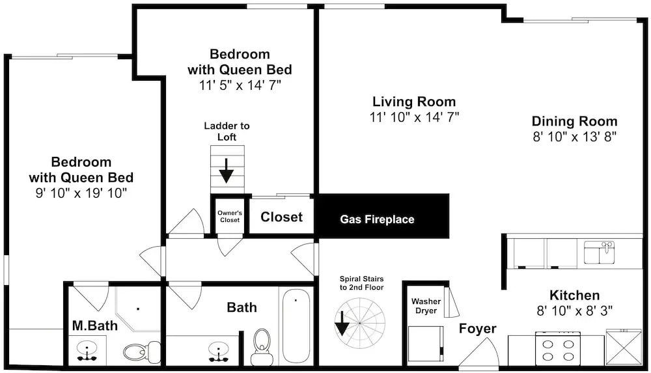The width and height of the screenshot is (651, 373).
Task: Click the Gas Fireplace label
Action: (377, 219)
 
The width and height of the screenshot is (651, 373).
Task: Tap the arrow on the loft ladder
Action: (227, 171)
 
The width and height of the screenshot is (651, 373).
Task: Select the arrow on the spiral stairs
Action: (342, 323)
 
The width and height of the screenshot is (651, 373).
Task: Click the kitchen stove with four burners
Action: (558, 348)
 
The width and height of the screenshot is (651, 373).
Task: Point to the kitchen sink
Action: (599, 252)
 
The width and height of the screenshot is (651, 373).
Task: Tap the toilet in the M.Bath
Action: (142, 352)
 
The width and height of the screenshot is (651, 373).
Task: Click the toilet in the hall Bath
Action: (262, 347)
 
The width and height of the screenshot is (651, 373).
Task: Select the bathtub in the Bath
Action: (296, 327)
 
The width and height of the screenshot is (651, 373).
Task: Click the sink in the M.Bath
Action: (87, 351)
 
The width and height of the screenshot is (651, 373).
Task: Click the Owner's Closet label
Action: (230, 216)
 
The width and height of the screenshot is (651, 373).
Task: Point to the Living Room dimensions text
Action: (414, 117)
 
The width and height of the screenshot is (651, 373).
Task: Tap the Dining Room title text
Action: (575, 121)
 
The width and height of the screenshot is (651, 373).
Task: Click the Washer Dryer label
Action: (426, 306)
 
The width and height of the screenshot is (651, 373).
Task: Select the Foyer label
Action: (477, 329)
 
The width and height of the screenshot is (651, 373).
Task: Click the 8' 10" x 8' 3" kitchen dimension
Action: (575, 311)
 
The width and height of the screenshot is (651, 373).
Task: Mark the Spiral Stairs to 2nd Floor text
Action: (361, 283)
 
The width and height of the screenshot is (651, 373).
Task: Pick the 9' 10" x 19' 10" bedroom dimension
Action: (81, 193)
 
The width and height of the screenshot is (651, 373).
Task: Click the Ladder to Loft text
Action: (227, 131)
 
